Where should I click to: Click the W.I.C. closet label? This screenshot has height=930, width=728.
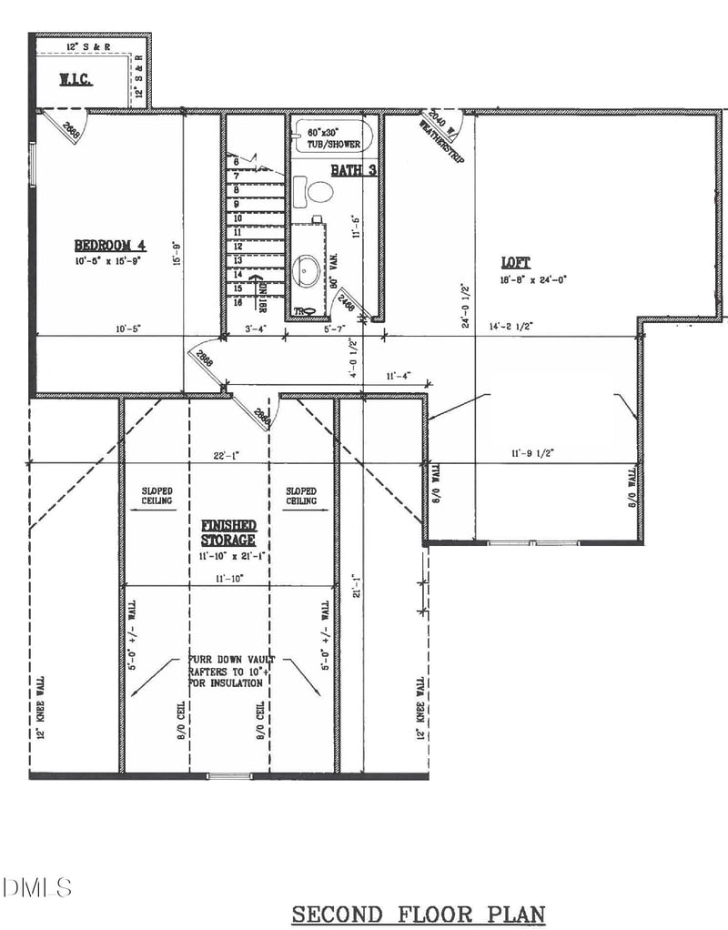[x=77, y=79]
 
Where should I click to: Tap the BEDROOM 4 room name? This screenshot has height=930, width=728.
[x=110, y=245]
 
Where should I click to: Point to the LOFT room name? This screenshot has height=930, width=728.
[x=515, y=262]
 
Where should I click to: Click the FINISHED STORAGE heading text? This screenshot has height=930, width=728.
[x=228, y=533]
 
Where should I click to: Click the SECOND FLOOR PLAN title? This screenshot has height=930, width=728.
[x=418, y=913]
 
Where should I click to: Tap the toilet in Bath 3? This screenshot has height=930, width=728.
[x=319, y=192]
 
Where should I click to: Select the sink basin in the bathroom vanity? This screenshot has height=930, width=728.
[x=308, y=269]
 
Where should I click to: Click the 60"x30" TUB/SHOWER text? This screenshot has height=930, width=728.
[x=329, y=139]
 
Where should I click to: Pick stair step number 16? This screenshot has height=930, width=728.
[x=238, y=302]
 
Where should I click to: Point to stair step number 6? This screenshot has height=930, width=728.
[x=236, y=162]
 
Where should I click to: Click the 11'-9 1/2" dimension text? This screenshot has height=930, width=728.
[x=532, y=452]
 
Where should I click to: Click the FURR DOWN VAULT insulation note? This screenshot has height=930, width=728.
[x=226, y=671]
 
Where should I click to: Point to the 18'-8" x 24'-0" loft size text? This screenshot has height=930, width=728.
[x=532, y=280]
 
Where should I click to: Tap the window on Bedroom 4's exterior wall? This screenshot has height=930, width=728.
[x=34, y=164]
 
